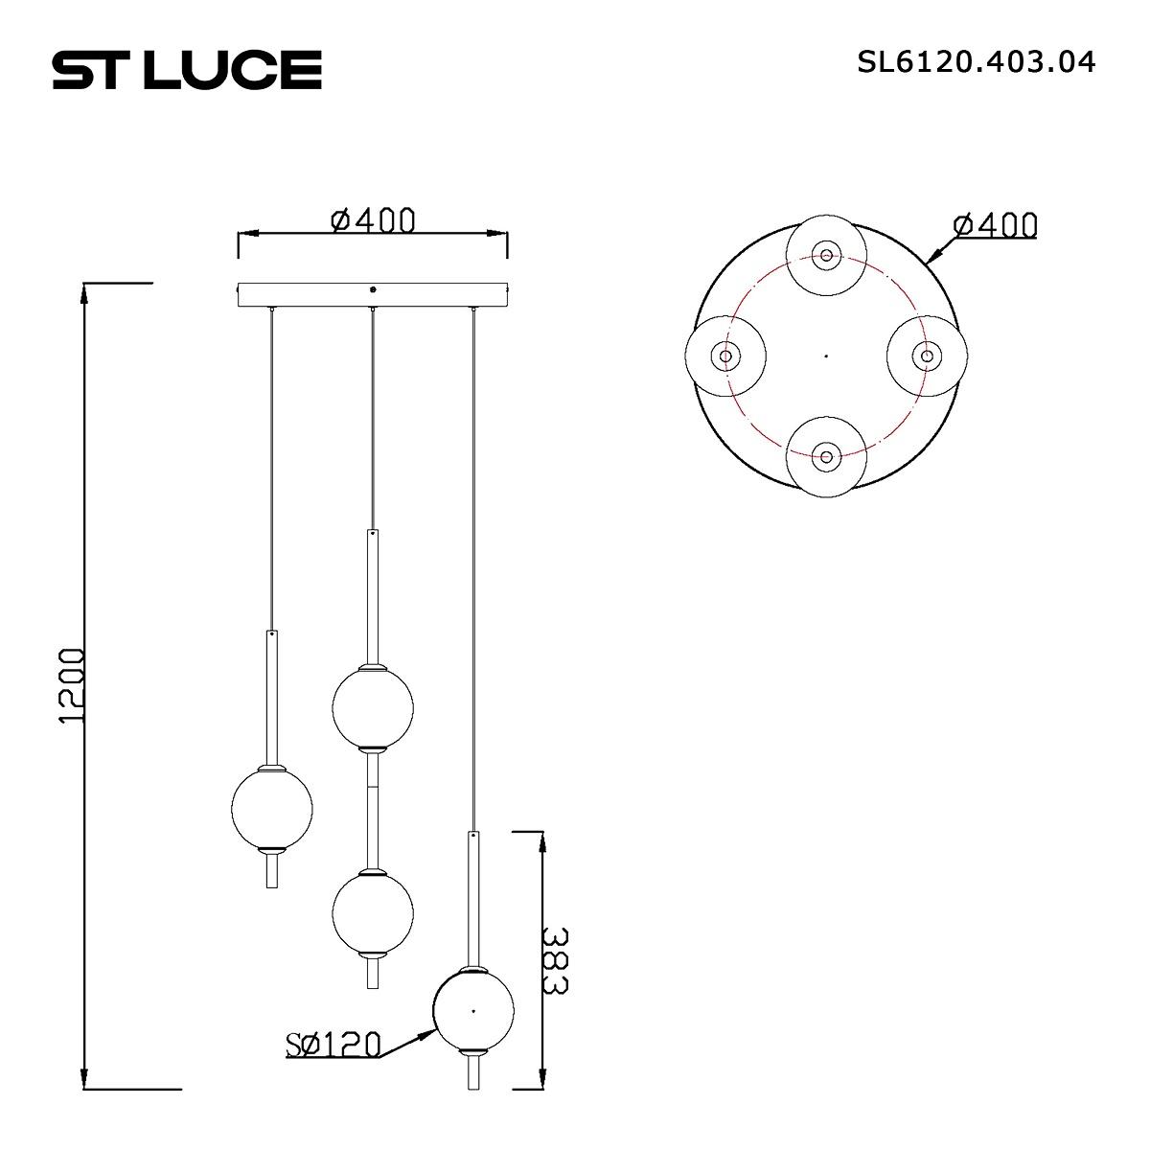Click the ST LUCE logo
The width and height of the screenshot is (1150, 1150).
[x=187, y=70]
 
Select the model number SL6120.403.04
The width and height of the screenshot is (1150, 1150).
[x=976, y=62]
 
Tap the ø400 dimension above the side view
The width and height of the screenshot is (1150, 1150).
[x=373, y=220]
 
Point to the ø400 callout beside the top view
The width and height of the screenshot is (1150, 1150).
[x=995, y=225]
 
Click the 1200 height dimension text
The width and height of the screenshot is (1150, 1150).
[x=73, y=685]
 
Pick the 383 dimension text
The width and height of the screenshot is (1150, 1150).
[x=556, y=960]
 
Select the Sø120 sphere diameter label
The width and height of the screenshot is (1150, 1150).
[x=333, y=1045]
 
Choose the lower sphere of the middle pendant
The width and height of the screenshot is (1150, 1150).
[x=373, y=911]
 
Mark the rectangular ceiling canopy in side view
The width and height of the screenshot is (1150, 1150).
[x=373, y=294]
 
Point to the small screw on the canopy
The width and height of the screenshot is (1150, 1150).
[x=373, y=287]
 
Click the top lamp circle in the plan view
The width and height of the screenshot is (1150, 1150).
[x=826, y=255]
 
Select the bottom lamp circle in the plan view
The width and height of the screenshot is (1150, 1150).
[x=826, y=456]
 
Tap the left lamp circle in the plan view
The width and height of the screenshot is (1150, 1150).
[x=725, y=356]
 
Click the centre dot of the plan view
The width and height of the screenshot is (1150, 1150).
[x=826, y=356]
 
